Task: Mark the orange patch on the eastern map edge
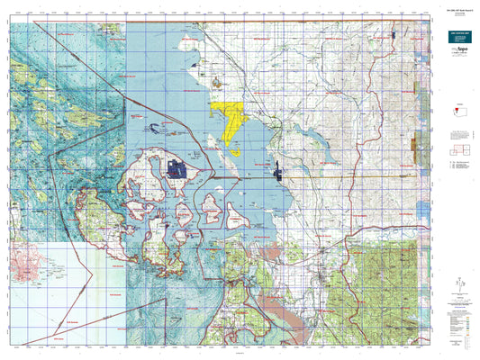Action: coord(415,145)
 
